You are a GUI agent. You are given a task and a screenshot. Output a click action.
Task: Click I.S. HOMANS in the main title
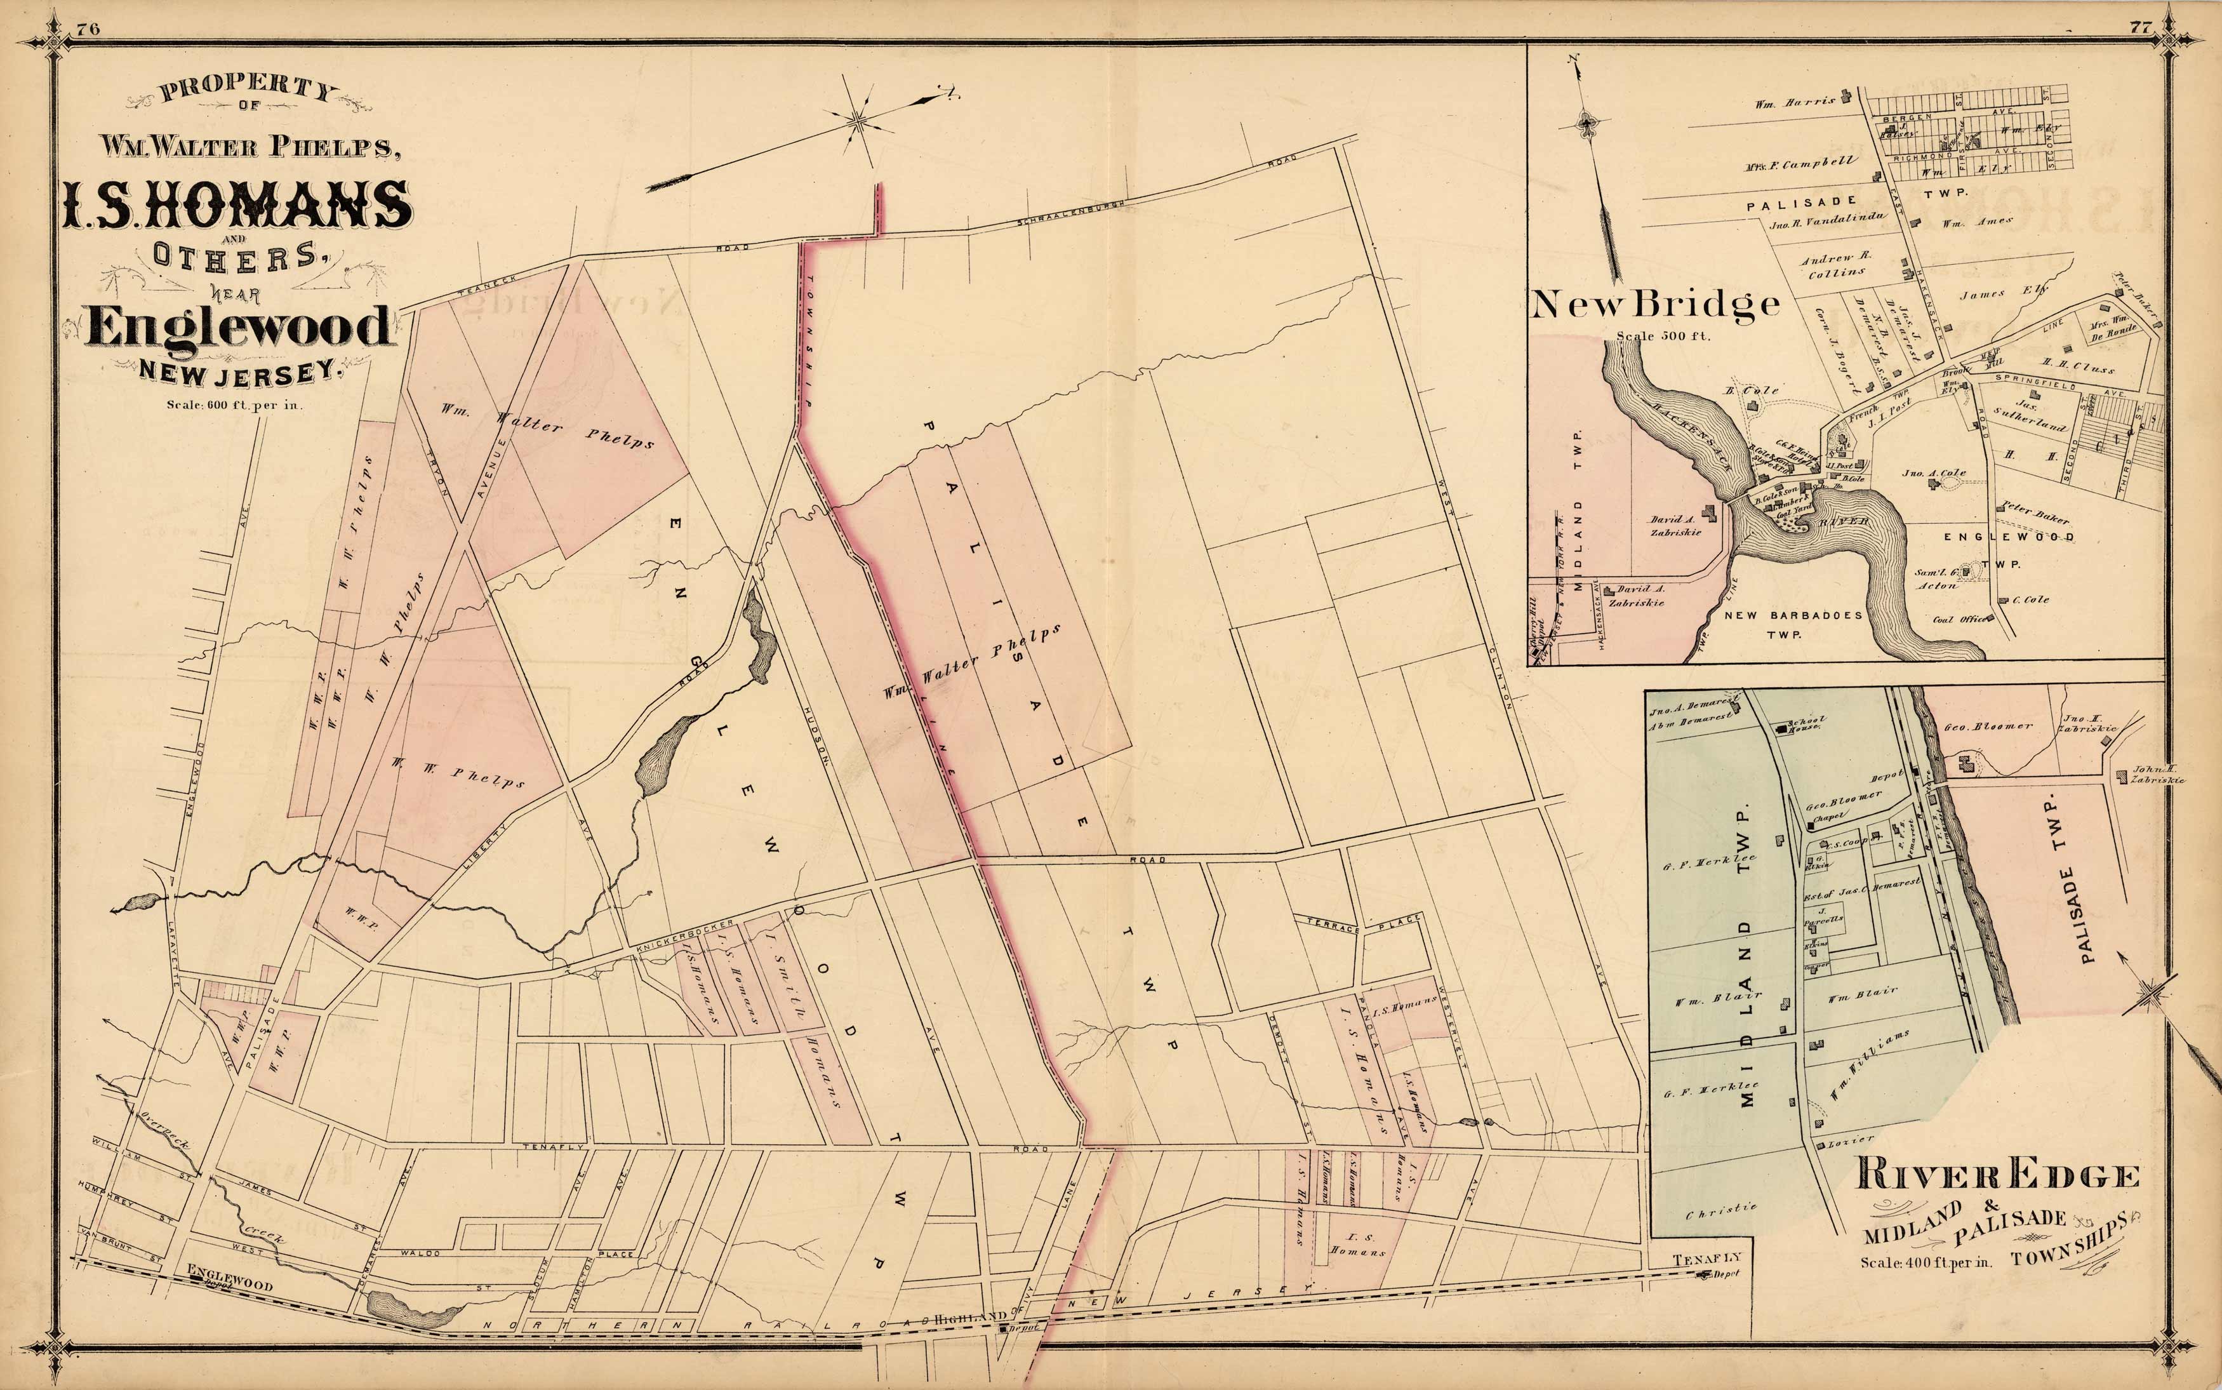pyautogui.click(x=237, y=204)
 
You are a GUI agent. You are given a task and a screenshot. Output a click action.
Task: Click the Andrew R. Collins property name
pyautogui.click(x=1835, y=265)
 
